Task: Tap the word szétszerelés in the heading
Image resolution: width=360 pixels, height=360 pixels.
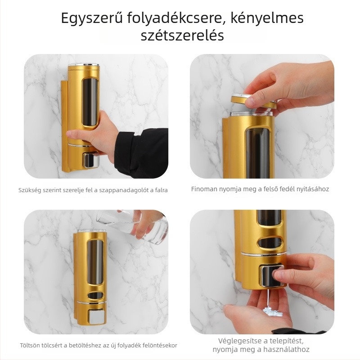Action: (182, 36)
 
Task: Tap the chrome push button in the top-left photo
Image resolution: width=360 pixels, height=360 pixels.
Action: (91, 160)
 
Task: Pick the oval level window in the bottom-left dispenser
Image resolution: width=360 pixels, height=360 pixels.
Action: (95, 296)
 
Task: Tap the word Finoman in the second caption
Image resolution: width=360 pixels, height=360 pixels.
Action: (204, 189)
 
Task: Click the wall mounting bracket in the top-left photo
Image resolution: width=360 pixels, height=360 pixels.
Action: (64, 126)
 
